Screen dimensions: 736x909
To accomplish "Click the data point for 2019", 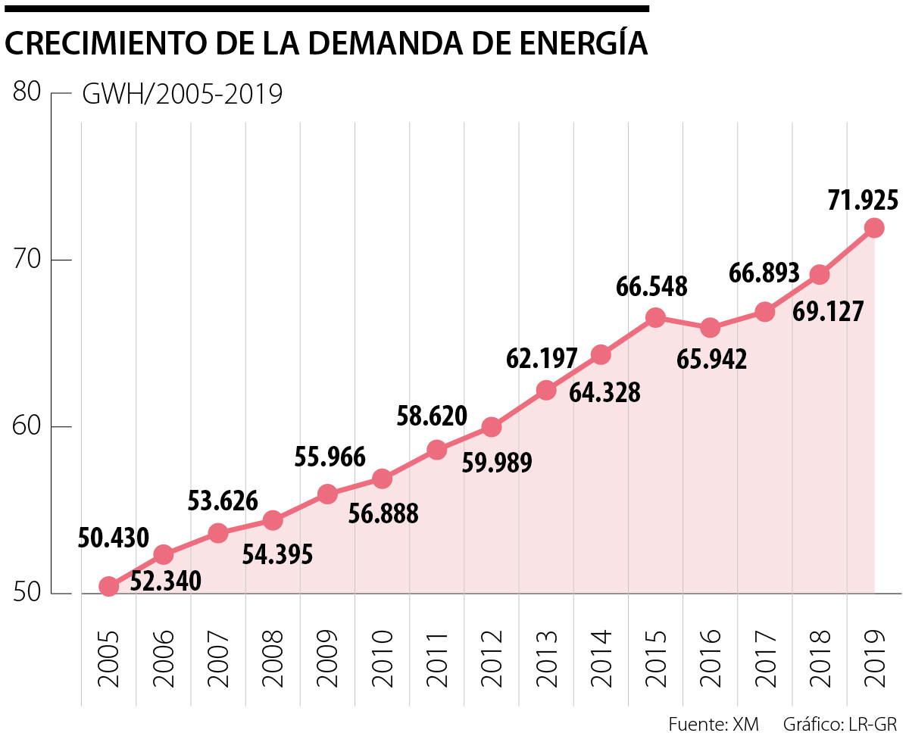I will click(874, 228).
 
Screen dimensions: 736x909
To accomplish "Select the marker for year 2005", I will click(109, 586).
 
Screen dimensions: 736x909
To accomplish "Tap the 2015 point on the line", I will click(655, 317).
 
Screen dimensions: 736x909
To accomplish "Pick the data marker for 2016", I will click(710, 328).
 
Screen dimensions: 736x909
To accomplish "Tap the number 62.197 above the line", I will click(542, 357).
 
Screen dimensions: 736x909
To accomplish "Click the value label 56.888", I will click(383, 514).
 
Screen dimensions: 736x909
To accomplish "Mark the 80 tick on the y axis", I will click(27, 92).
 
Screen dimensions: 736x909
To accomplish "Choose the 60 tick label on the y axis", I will click(27, 427).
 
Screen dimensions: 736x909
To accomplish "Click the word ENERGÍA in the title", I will click(579, 44).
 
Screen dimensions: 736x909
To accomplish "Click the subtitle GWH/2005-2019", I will click(182, 96).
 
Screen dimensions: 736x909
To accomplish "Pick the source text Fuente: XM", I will click(714, 723).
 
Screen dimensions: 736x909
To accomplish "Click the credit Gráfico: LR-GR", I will click(840, 723).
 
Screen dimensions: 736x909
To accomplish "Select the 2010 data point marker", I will click(382, 479).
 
